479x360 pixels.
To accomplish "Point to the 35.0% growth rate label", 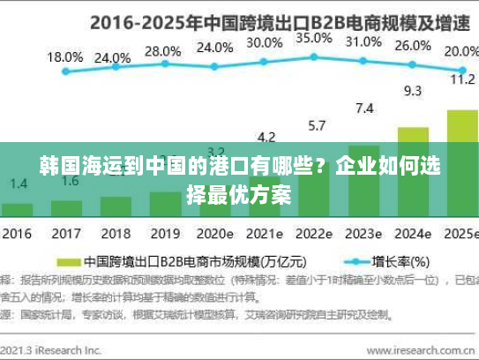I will point(314,39).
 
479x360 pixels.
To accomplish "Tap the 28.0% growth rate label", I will point(161,51).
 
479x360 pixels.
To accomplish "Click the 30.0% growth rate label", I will point(265,42).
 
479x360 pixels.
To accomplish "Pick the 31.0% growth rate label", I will point(363,41).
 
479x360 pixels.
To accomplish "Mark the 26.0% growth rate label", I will point(413,46).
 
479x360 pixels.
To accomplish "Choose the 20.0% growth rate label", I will point(460,51).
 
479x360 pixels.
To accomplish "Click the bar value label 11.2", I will point(462,79).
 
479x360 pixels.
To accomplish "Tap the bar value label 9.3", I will point(412,90).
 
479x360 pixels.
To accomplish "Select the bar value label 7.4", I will point(363,109).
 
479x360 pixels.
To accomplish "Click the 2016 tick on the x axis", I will point(17,236).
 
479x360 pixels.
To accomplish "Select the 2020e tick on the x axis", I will point(214,236).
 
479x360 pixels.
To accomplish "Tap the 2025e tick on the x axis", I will point(460,236).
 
